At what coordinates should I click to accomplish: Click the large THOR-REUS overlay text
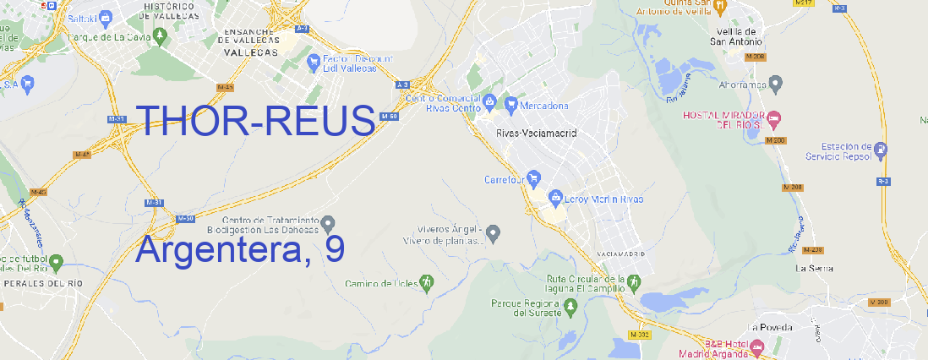point(255,121)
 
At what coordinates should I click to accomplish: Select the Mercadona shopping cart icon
point(511,105)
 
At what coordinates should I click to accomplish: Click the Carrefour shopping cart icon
point(535,179)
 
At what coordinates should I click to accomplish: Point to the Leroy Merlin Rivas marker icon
point(555,199)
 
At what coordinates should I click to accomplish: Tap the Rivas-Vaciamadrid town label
point(536,134)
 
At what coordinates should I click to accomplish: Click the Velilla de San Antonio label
point(735,35)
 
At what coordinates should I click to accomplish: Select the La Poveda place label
point(771,327)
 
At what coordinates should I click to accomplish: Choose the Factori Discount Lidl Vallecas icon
point(314,61)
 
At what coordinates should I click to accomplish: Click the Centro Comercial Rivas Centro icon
point(489,103)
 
